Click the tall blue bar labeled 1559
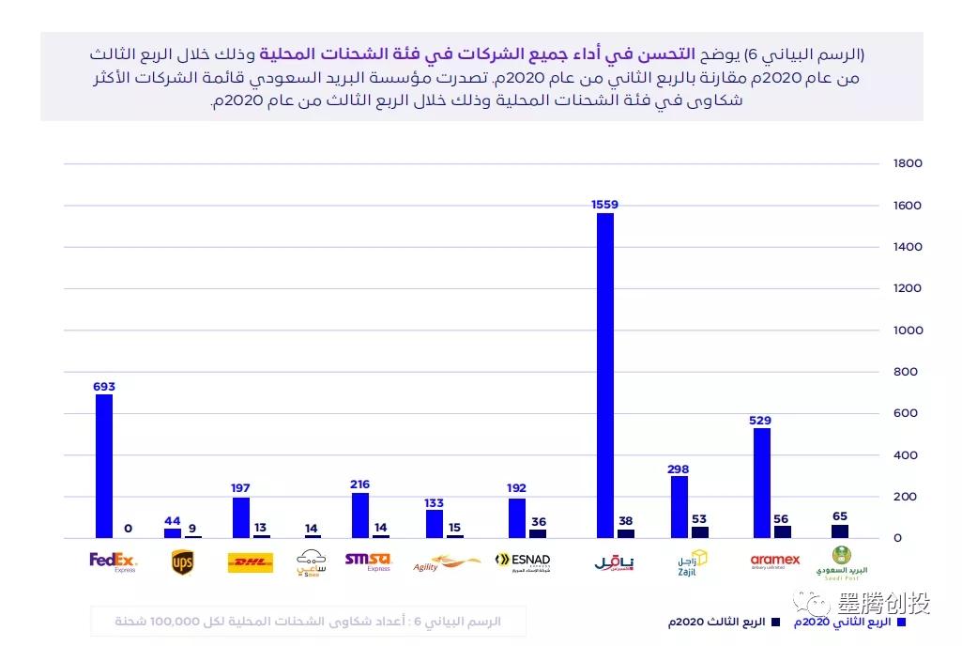point(604,376)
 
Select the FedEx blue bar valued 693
point(103,466)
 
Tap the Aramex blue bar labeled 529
point(761,483)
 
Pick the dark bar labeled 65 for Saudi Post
point(839,531)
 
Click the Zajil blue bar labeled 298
point(680,507)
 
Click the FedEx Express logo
point(113,562)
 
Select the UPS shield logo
point(182,562)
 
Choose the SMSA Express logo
point(367,561)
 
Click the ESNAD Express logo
point(523,562)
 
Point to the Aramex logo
point(775,561)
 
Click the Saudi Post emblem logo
point(842,561)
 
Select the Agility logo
point(446,563)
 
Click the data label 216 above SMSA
point(359,484)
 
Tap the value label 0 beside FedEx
point(128,528)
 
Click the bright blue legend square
point(901,622)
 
